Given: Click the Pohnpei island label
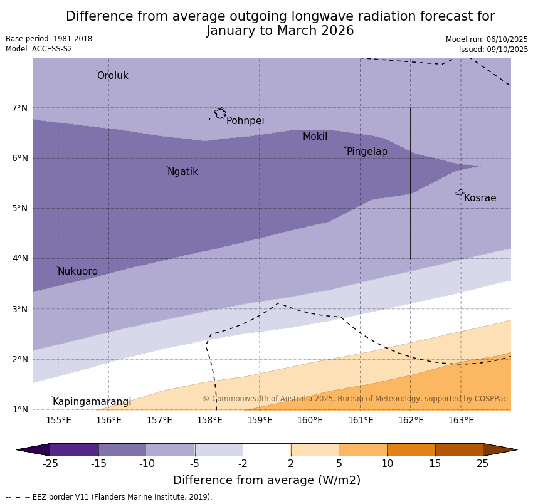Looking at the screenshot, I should point(245,121).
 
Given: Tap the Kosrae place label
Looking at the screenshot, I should point(480,198).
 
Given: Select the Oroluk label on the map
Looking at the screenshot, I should point(112,76).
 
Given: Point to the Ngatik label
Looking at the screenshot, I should point(182,172).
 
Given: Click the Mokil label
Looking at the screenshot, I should point(315,137).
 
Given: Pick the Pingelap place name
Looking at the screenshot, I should point(367,152).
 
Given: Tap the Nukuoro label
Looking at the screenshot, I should point(78,271).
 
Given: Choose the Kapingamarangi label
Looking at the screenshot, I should point(92,402).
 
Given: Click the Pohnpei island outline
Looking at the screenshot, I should point(220,113).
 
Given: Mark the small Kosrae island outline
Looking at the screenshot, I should point(460,192).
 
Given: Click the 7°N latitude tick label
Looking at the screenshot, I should point(20,108).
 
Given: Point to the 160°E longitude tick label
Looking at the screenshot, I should point(310,420).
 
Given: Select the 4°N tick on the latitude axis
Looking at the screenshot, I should point(20,258).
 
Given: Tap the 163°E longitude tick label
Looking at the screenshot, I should point(461,420).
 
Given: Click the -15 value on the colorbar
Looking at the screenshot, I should point(98,464).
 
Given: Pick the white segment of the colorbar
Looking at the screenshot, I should point(266,449).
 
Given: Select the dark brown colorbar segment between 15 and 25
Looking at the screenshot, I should point(459,449).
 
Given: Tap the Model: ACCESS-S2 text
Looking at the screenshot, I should point(39,49).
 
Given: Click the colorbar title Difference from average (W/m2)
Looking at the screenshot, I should point(266,481).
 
